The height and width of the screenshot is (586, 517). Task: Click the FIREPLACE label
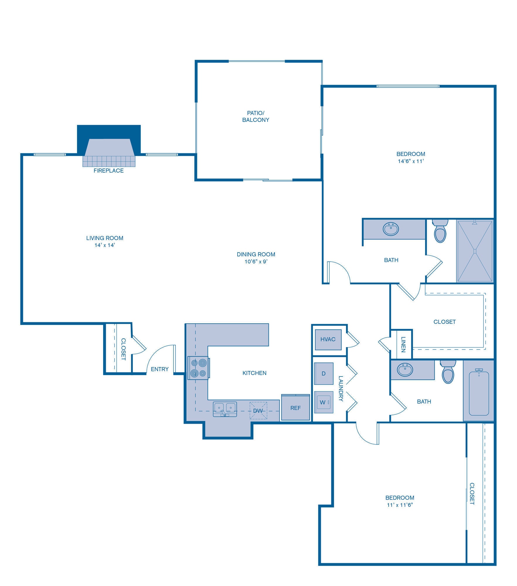click(x=108, y=171)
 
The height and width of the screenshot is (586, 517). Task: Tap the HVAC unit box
click(x=328, y=339)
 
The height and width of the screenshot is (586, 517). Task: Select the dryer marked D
click(x=324, y=374)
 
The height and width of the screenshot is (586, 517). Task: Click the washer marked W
click(x=324, y=402)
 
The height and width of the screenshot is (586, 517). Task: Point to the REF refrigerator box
click(x=295, y=408)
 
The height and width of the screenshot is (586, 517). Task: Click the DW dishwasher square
click(x=258, y=411)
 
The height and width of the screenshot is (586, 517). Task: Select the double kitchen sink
click(x=225, y=408)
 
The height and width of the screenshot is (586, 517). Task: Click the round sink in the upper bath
click(x=391, y=229)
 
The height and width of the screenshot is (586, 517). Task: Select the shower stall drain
click(x=475, y=251)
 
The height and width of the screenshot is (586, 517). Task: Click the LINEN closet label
click(x=404, y=344)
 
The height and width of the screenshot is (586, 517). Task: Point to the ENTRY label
click(x=160, y=369)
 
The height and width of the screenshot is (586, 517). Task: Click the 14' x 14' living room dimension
click(x=105, y=245)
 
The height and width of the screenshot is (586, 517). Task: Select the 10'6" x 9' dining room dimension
click(x=256, y=262)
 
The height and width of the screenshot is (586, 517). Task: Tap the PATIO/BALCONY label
click(x=256, y=116)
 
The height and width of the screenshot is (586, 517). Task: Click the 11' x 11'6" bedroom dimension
click(x=399, y=505)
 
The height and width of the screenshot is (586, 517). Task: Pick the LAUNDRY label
click(x=341, y=389)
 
